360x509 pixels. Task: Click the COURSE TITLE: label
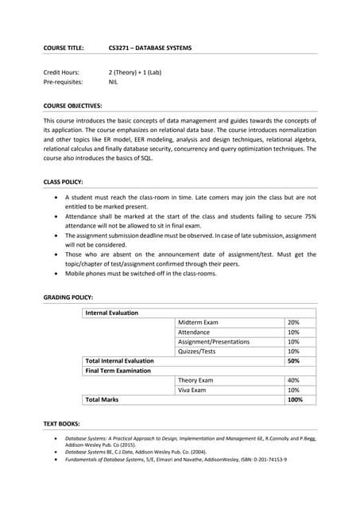coord(63,48)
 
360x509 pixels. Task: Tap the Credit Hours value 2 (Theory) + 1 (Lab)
coord(134,72)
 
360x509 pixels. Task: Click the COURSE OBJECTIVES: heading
coord(72,104)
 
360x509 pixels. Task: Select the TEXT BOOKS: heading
coord(61,424)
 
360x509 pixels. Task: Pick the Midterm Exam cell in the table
coord(198,322)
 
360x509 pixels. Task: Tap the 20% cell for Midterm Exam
coord(293,322)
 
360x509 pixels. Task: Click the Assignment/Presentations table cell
coord(213,341)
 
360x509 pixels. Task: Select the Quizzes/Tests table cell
coord(196,351)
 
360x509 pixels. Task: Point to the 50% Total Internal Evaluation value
coord(293,360)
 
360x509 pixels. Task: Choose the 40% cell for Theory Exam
coord(293,380)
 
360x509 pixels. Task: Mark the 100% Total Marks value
coord(295,399)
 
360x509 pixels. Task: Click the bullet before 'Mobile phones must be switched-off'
coord(54,274)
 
